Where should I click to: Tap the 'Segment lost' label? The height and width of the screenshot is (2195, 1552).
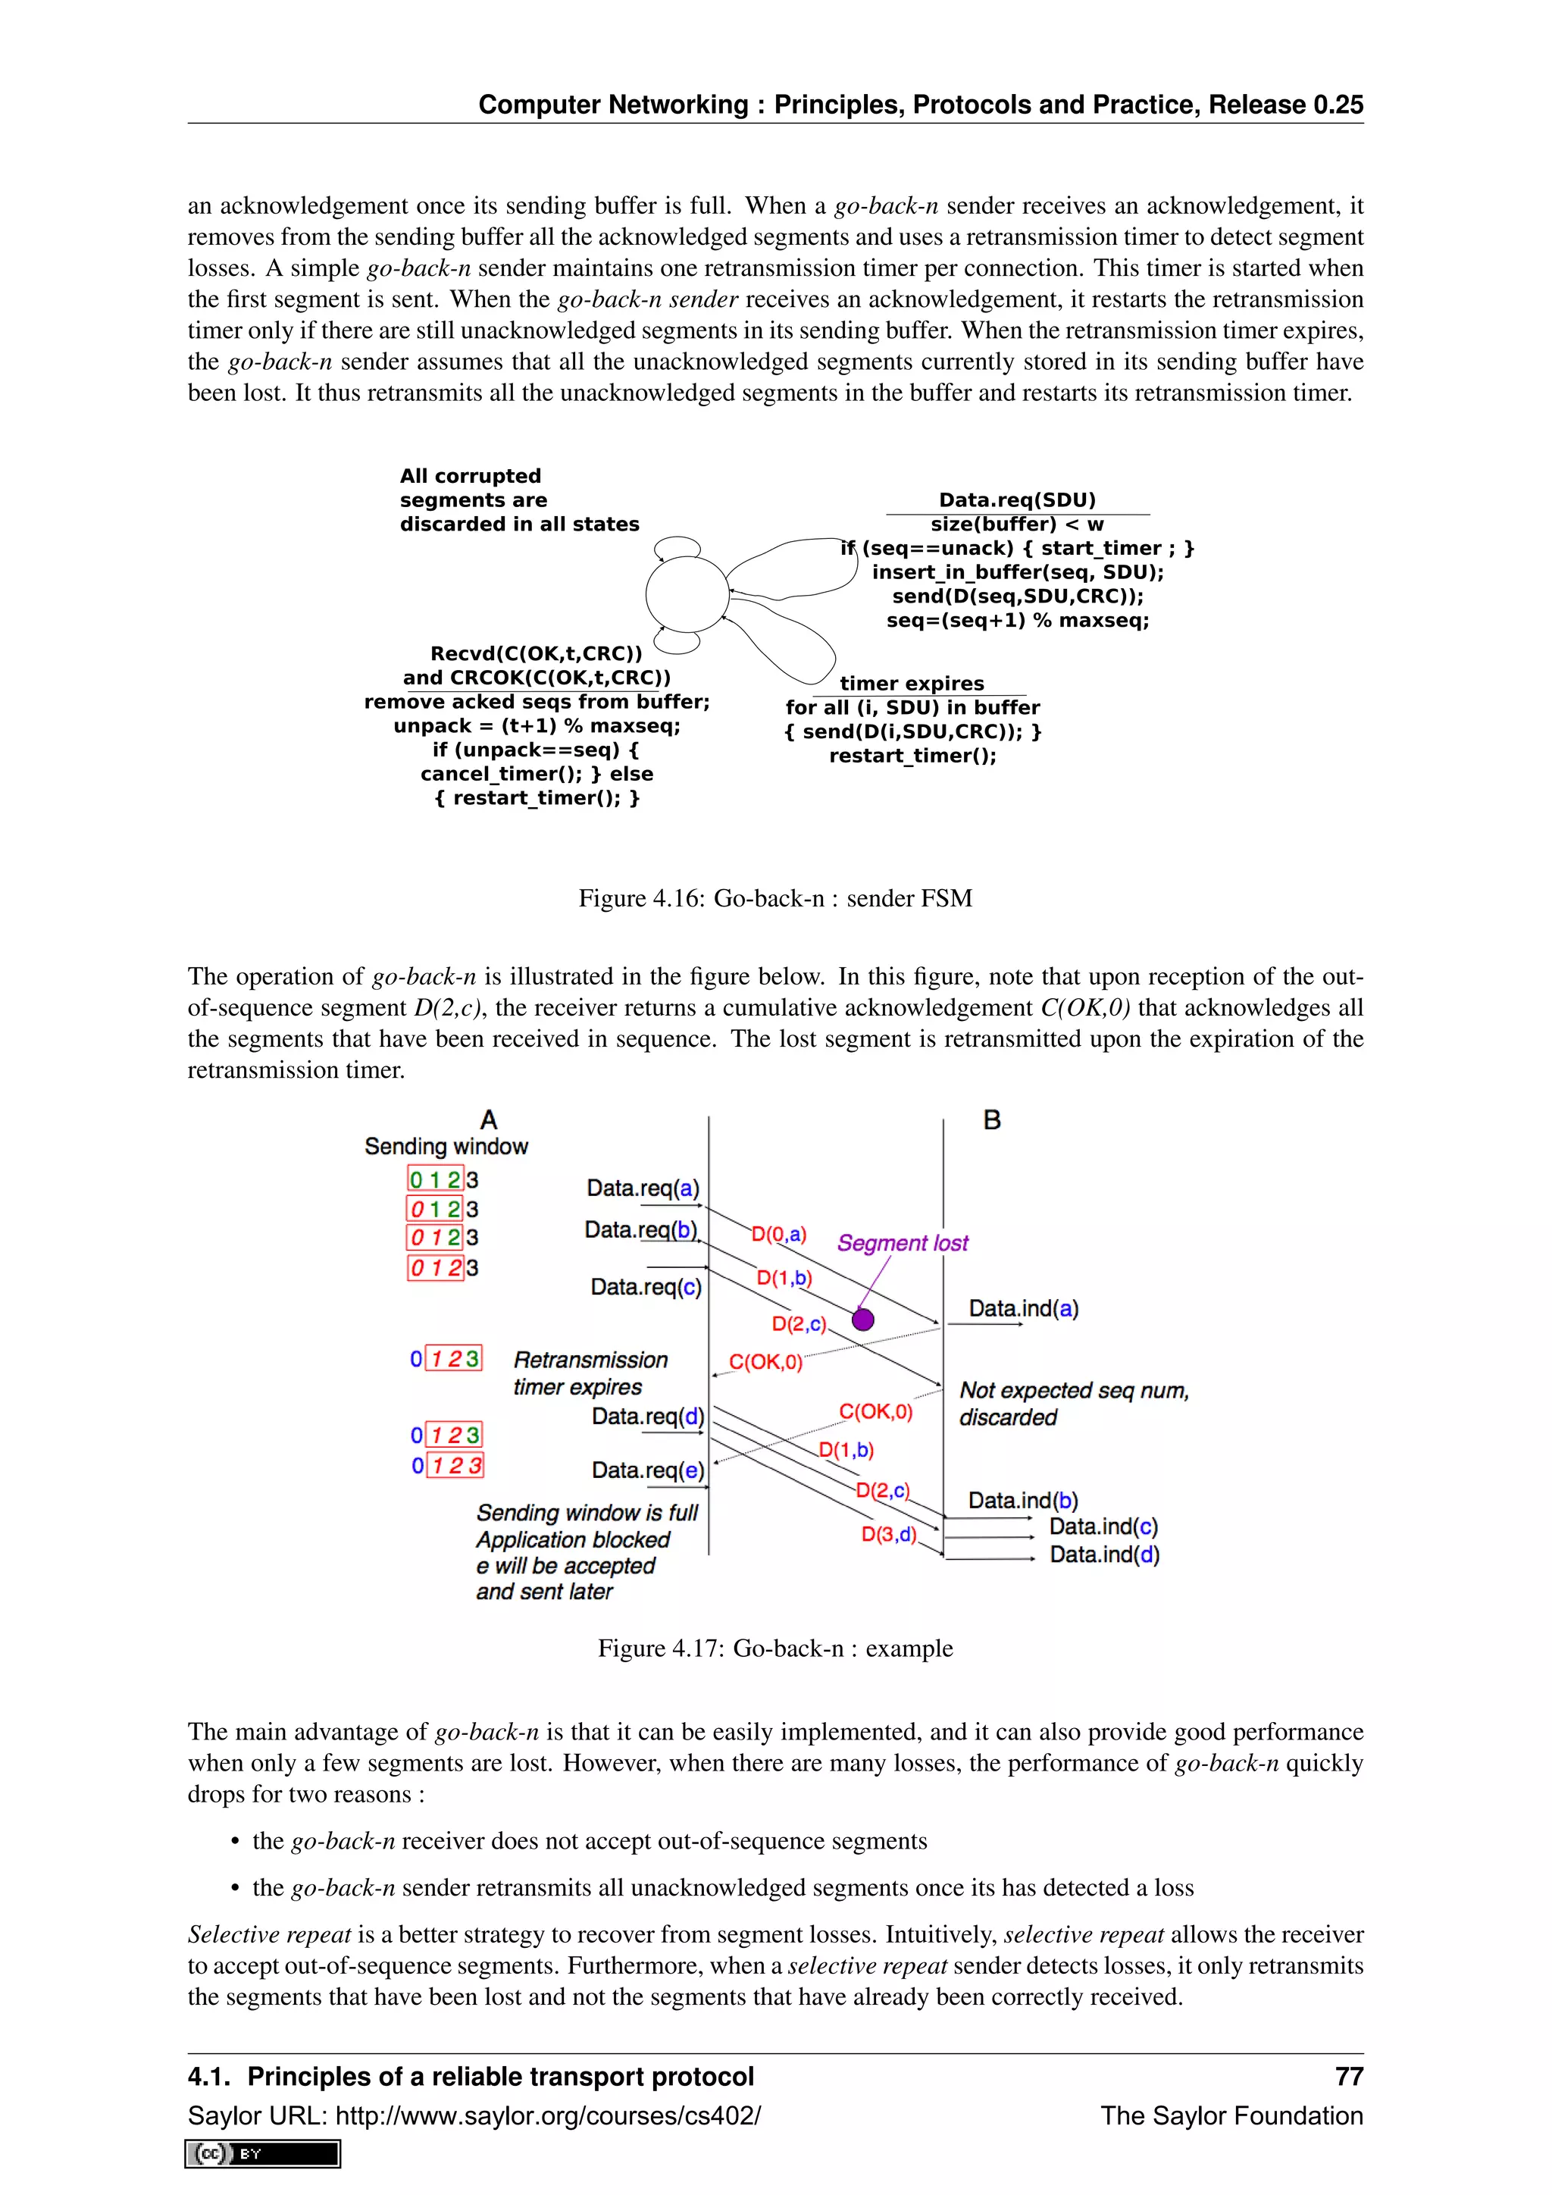pos(902,1243)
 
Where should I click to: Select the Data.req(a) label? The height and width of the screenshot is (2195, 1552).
pos(643,1188)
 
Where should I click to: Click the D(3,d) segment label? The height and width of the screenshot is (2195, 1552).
pos(889,1533)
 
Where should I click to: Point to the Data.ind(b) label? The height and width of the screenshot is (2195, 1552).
pos(1022,1500)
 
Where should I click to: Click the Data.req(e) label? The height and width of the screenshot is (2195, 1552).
pos(647,1470)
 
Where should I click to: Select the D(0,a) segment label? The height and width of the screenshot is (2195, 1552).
pos(778,1234)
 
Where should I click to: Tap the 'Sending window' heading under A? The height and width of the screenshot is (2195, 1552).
pos(446,1146)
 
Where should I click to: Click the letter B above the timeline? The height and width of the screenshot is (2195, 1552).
pos(992,1119)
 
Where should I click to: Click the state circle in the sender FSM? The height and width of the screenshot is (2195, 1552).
pos(687,593)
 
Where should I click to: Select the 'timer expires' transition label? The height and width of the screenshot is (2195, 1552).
pos(912,683)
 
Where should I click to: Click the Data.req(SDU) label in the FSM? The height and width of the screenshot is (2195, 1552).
pos(1017,500)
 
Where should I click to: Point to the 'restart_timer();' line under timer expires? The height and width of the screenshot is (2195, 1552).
pos(912,755)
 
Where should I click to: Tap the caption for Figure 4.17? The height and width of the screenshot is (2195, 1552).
pos(775,1649)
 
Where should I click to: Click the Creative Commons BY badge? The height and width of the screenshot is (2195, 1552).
pos(263,2153)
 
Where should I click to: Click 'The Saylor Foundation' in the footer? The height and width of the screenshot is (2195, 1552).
pos(1231,2115)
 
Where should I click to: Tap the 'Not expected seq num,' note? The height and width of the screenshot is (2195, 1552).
pos(1074,1390)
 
